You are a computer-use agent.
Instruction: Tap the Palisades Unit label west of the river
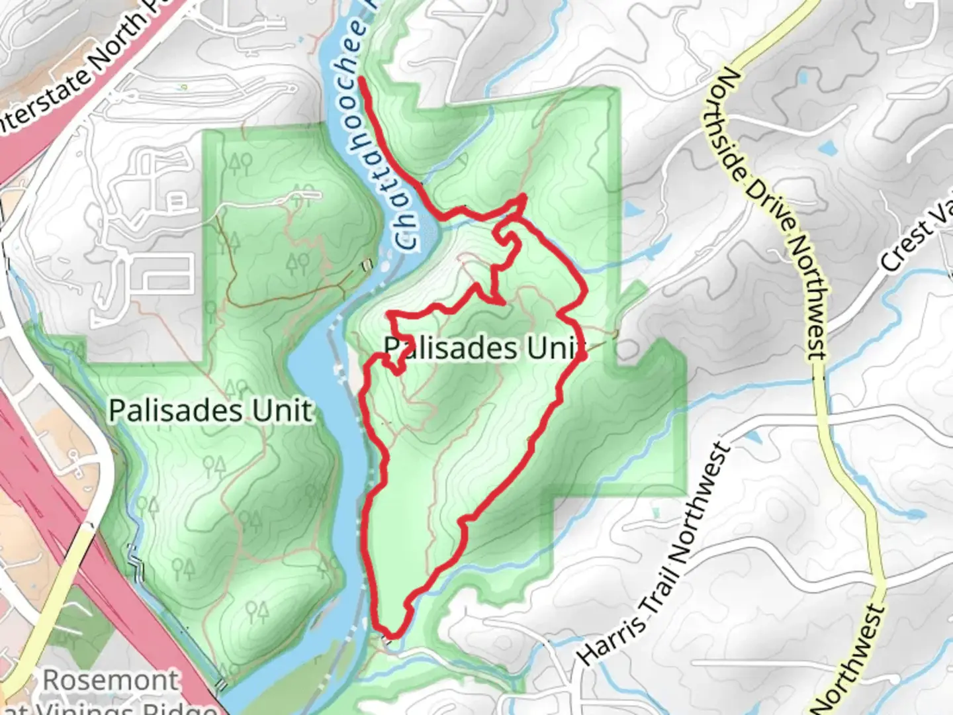pos(210,410)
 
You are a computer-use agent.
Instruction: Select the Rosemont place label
pos(111,681)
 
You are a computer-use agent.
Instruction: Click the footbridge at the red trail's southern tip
pos(392,637)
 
